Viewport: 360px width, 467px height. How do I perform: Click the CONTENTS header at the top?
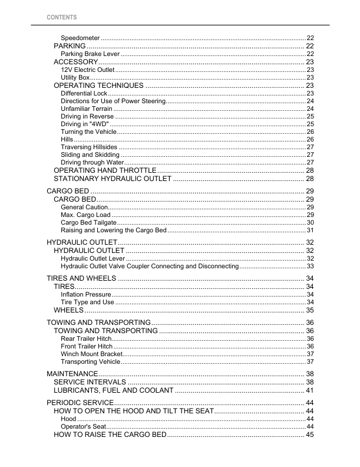click(62, 18)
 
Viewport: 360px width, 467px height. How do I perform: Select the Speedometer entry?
click(80, 38)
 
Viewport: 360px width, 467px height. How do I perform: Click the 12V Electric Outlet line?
click(88, 70)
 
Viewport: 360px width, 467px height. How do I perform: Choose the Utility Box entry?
click(75, 77)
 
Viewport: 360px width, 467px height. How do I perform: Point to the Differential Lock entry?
click(84, 94)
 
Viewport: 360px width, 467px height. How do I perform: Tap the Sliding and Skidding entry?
click(90, 154)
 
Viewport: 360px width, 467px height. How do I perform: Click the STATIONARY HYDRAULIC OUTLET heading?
click(112, 178)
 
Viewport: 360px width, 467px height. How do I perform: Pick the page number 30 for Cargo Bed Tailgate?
click(310, 222)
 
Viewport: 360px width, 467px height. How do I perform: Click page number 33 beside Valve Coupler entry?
click(310, 267)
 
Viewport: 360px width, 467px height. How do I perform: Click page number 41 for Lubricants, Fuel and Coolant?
click(309, 390)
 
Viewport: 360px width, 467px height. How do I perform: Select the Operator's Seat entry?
click(83, 426)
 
